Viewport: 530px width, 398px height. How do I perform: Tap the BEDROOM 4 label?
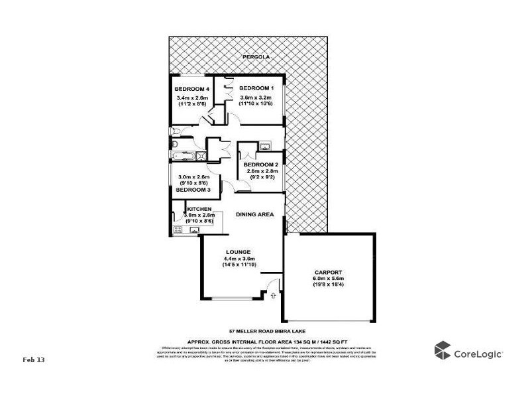click(x=191, y=89)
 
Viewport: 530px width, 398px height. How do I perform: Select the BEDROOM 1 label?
click(x=256, y=88)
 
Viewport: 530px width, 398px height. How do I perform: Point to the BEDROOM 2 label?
click(x=260, y=165)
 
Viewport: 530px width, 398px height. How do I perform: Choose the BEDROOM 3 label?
click(x=193, y=189)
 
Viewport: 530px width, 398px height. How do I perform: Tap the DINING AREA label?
click(x=255, y=214)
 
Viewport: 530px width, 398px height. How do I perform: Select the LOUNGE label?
click(x=238, y=252)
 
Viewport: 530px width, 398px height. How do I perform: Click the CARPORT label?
click(x=328, y=272)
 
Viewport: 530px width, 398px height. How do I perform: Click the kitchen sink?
click(x=195, y=230)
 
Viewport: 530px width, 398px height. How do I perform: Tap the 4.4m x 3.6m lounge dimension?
click(x=238, y=259)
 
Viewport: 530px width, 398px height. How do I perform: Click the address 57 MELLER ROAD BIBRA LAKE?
click(x=264, y=331)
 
